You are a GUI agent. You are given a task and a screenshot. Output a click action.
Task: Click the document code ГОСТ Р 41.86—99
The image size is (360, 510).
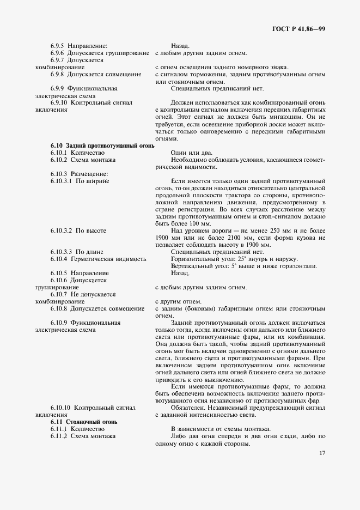298,28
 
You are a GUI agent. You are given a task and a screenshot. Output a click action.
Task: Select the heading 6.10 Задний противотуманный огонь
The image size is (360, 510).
102,146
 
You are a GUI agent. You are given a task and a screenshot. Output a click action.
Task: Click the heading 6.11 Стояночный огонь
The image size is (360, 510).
84,422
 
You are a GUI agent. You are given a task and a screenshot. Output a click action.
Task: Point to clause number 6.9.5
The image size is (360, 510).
58,46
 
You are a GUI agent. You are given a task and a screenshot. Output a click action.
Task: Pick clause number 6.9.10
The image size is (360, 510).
59,102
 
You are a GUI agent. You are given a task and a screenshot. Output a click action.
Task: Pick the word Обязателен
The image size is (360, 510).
188,408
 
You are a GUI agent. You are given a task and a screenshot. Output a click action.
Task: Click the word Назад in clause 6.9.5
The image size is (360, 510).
180,46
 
